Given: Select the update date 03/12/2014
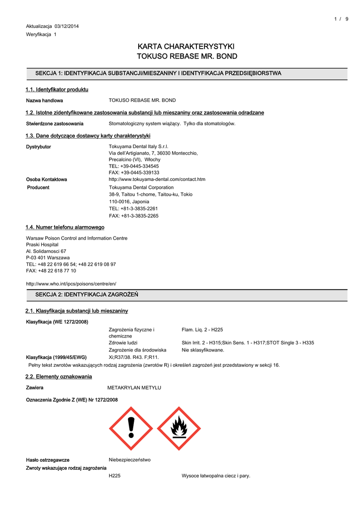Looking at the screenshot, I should pos(67,26).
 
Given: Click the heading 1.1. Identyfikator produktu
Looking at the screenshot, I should pos(57,89).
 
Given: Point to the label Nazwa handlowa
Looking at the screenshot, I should pos(45,100).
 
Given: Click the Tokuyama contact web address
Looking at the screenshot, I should pos(157,179).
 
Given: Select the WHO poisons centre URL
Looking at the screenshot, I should pos(71,283).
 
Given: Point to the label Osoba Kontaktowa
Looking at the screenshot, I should pos(46,179).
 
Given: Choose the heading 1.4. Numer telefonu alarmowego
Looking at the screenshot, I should pos(65,227).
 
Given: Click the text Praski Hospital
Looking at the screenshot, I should pos(42,245).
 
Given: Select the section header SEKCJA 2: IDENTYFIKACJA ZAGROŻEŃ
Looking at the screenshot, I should pos(87,295).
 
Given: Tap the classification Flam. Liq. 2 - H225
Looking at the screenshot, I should pos(202,330).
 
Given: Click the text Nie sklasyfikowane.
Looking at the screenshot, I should pos(203,350).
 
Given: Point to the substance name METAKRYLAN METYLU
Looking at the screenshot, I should pos(134,387).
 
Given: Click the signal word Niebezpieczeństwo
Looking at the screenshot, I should pos(130,460).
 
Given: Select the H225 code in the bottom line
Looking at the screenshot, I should pos(115,476).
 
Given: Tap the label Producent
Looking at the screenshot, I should pos(38,187).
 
